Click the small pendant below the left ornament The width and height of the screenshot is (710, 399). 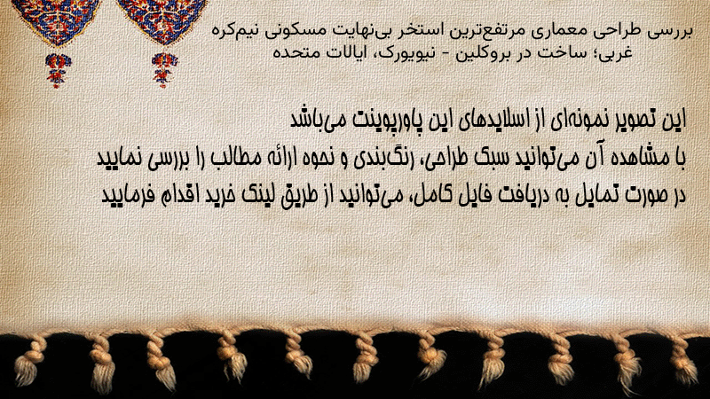(58, 70)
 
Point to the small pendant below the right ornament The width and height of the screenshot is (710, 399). (164, 69)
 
